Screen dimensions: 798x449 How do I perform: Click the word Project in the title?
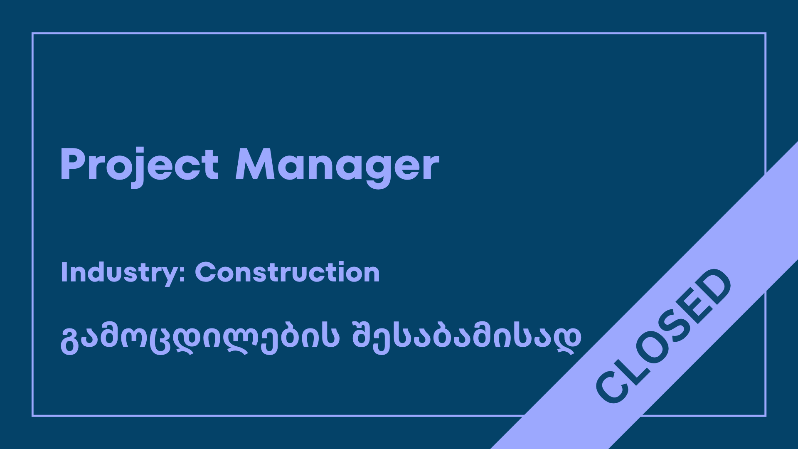(140, 165)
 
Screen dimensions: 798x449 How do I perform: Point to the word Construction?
(287, 272)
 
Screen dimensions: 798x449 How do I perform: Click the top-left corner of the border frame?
(32, 33)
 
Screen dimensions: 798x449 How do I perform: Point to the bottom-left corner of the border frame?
(32, 416)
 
